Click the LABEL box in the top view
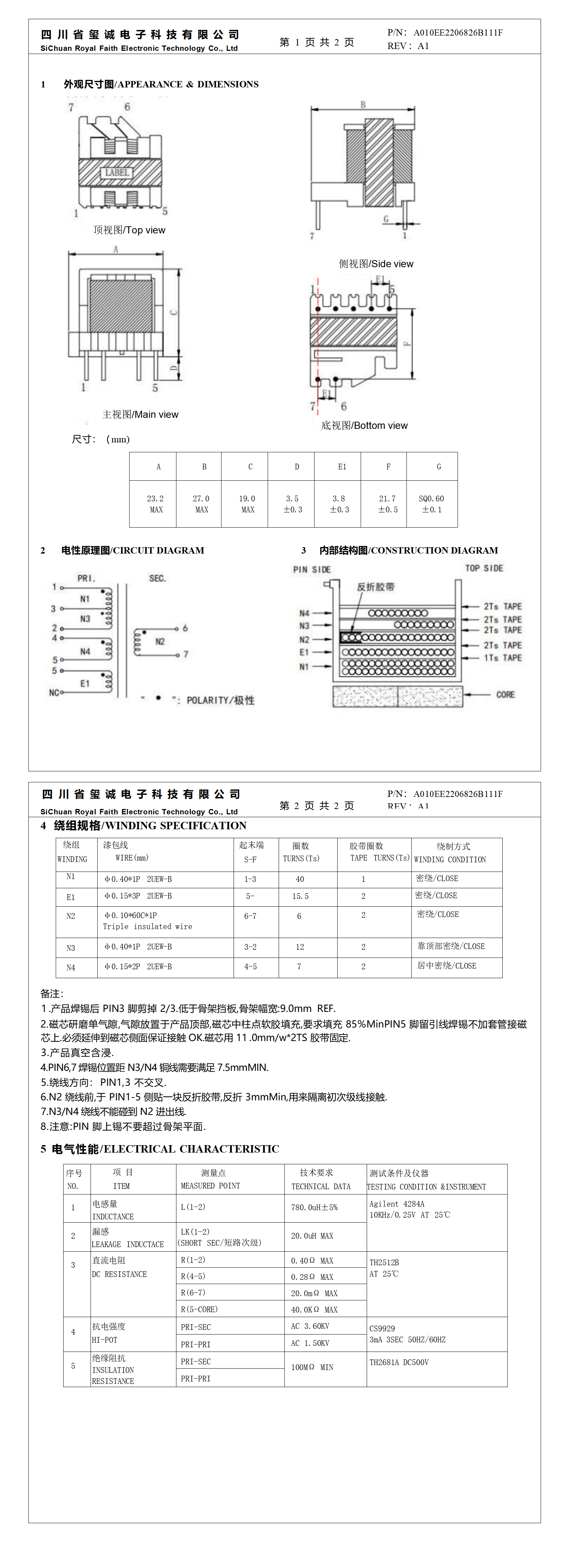tap(117, 172)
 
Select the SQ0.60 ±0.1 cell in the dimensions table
tap(431, 503)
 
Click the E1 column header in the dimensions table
tap(342, 466)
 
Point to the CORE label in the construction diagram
tap(505, 694)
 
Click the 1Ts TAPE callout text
tap(503, 657)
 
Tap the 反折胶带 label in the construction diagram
tap(376, 587)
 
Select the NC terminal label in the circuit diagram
tap(54, 692)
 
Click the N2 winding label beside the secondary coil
tap(160, 642)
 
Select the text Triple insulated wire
tap(147, 926)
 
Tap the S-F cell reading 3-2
tap(250, 947)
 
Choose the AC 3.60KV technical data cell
tap(310, 1326)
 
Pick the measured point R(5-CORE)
tap(199, 1309)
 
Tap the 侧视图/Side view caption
tap(376, 263)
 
